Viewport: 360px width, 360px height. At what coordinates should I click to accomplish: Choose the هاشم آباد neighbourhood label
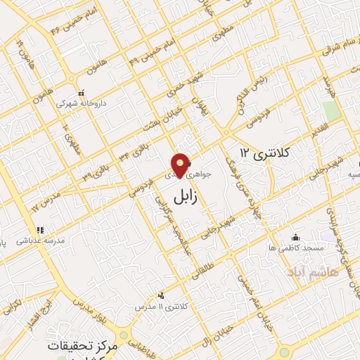point(312,271)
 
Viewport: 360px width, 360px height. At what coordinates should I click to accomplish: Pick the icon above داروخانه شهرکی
point(81,92)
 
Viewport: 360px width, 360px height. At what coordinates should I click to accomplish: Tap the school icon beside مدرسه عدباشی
point(40,229)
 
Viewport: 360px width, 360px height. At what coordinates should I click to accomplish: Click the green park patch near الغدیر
point(330,111)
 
